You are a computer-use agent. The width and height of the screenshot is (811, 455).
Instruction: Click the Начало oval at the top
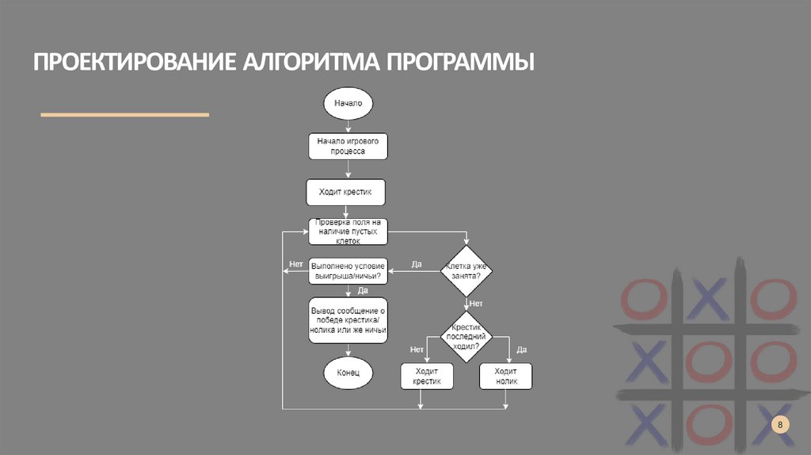[x=348, y=103]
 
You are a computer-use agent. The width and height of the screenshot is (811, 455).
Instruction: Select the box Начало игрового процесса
[x=348, y=146]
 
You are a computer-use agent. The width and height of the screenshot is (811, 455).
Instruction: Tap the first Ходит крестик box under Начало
[x=348, y=192]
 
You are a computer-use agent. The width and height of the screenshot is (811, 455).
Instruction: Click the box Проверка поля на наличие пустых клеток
[x=348, y=231]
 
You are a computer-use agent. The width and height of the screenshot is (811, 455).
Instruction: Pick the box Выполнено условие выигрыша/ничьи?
[x=348, y=270]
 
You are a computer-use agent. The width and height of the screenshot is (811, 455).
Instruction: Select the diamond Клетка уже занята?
[x=466, y=271]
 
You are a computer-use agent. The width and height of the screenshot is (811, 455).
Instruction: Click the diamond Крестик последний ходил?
[x=466, y=337]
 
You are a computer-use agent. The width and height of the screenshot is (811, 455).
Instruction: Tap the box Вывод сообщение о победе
[x=348, y=320]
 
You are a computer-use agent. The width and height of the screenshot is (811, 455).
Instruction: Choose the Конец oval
[x=348, y=372]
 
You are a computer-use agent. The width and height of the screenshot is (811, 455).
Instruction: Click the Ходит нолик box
[x=506, y=376]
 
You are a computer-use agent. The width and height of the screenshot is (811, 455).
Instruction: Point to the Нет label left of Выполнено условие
[x=296, y=263]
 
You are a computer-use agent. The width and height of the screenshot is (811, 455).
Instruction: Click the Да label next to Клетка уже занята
[x=417, y=264]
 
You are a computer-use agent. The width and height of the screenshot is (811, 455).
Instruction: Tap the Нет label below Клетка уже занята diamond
[x=476, y=304]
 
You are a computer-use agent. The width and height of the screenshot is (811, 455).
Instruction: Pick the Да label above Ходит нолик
[x=521, y=349]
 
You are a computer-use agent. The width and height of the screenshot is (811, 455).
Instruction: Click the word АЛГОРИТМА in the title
[x=310, y=62]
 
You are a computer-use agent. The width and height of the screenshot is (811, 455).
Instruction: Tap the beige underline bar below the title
[x=124, y=115]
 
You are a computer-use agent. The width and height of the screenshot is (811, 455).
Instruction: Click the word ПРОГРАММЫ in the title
[x=460, y=62]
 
